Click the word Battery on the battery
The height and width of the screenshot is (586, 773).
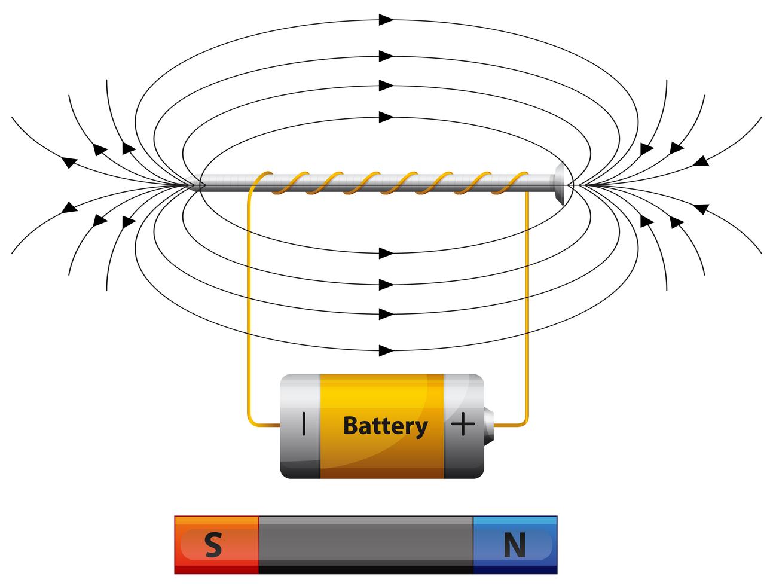click(385, 426)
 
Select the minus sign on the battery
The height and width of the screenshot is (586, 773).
click(304, 425)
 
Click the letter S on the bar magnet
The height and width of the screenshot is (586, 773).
click(213, 545)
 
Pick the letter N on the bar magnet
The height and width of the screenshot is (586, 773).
click(514, 545)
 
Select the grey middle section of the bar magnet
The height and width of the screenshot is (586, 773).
click(365, 544)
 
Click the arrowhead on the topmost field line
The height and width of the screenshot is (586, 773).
click(386, 20)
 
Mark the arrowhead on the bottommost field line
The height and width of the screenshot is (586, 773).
click(386, 350)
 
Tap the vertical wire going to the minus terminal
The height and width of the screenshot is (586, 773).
click(247, 299)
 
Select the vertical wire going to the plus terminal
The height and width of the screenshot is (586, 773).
click(526, 299)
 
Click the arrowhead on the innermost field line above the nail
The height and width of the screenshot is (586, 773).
click(386, 116)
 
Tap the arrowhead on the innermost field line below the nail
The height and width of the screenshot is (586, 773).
click(386, 253)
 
